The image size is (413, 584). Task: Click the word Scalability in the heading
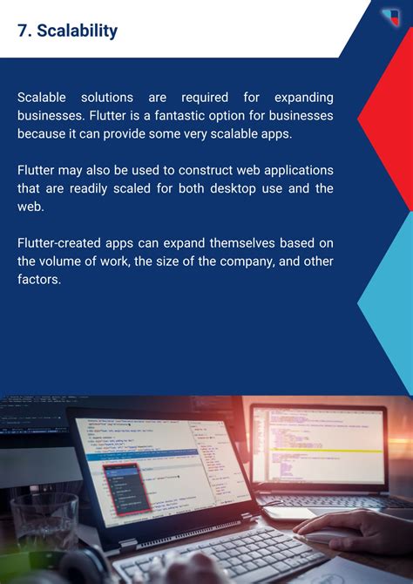click(78, 31)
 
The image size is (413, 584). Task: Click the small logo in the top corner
click(391, 16)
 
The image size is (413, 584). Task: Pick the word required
click(208, 96)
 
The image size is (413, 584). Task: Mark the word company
click(242, 261)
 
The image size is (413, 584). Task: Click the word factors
click(39, 281)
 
